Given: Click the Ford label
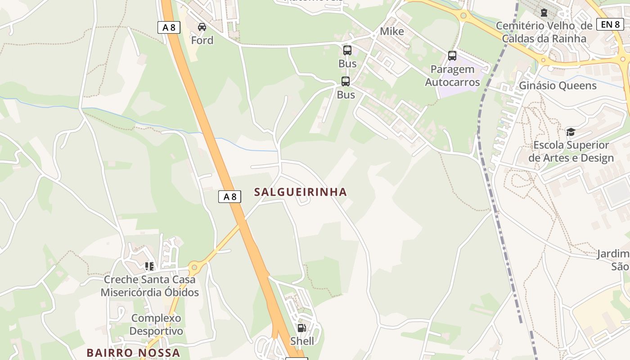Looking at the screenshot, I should pos(202,40).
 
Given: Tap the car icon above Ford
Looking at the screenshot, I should pos(202,27).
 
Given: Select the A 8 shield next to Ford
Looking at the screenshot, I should pos(169,27).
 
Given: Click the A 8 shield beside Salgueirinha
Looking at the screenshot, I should pos(229,197).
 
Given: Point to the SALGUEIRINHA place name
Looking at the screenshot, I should pos(301,192).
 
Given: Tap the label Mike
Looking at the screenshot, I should pos(392,31).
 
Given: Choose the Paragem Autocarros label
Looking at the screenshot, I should pos(452,76).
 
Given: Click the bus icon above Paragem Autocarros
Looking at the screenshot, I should pos(452,56).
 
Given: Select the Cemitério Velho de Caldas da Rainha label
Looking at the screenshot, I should pos(544,32).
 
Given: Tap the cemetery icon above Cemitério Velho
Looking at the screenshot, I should pos(544,13).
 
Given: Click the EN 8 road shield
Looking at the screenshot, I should pos(610,24).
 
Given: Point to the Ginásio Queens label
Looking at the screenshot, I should pos(558,85).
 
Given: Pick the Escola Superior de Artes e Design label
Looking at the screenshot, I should pos(571,151).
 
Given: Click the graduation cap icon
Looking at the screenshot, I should pos(571,132).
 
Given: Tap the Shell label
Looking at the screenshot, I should pos(302,341).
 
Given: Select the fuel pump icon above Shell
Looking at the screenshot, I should pos(302,328).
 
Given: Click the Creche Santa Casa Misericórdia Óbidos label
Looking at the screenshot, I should pos(150,286).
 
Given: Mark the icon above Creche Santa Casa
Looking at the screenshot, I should pos(149,266).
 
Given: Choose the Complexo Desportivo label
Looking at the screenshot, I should pos(156,324).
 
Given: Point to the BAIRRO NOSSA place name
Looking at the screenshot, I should pos(133,352).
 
